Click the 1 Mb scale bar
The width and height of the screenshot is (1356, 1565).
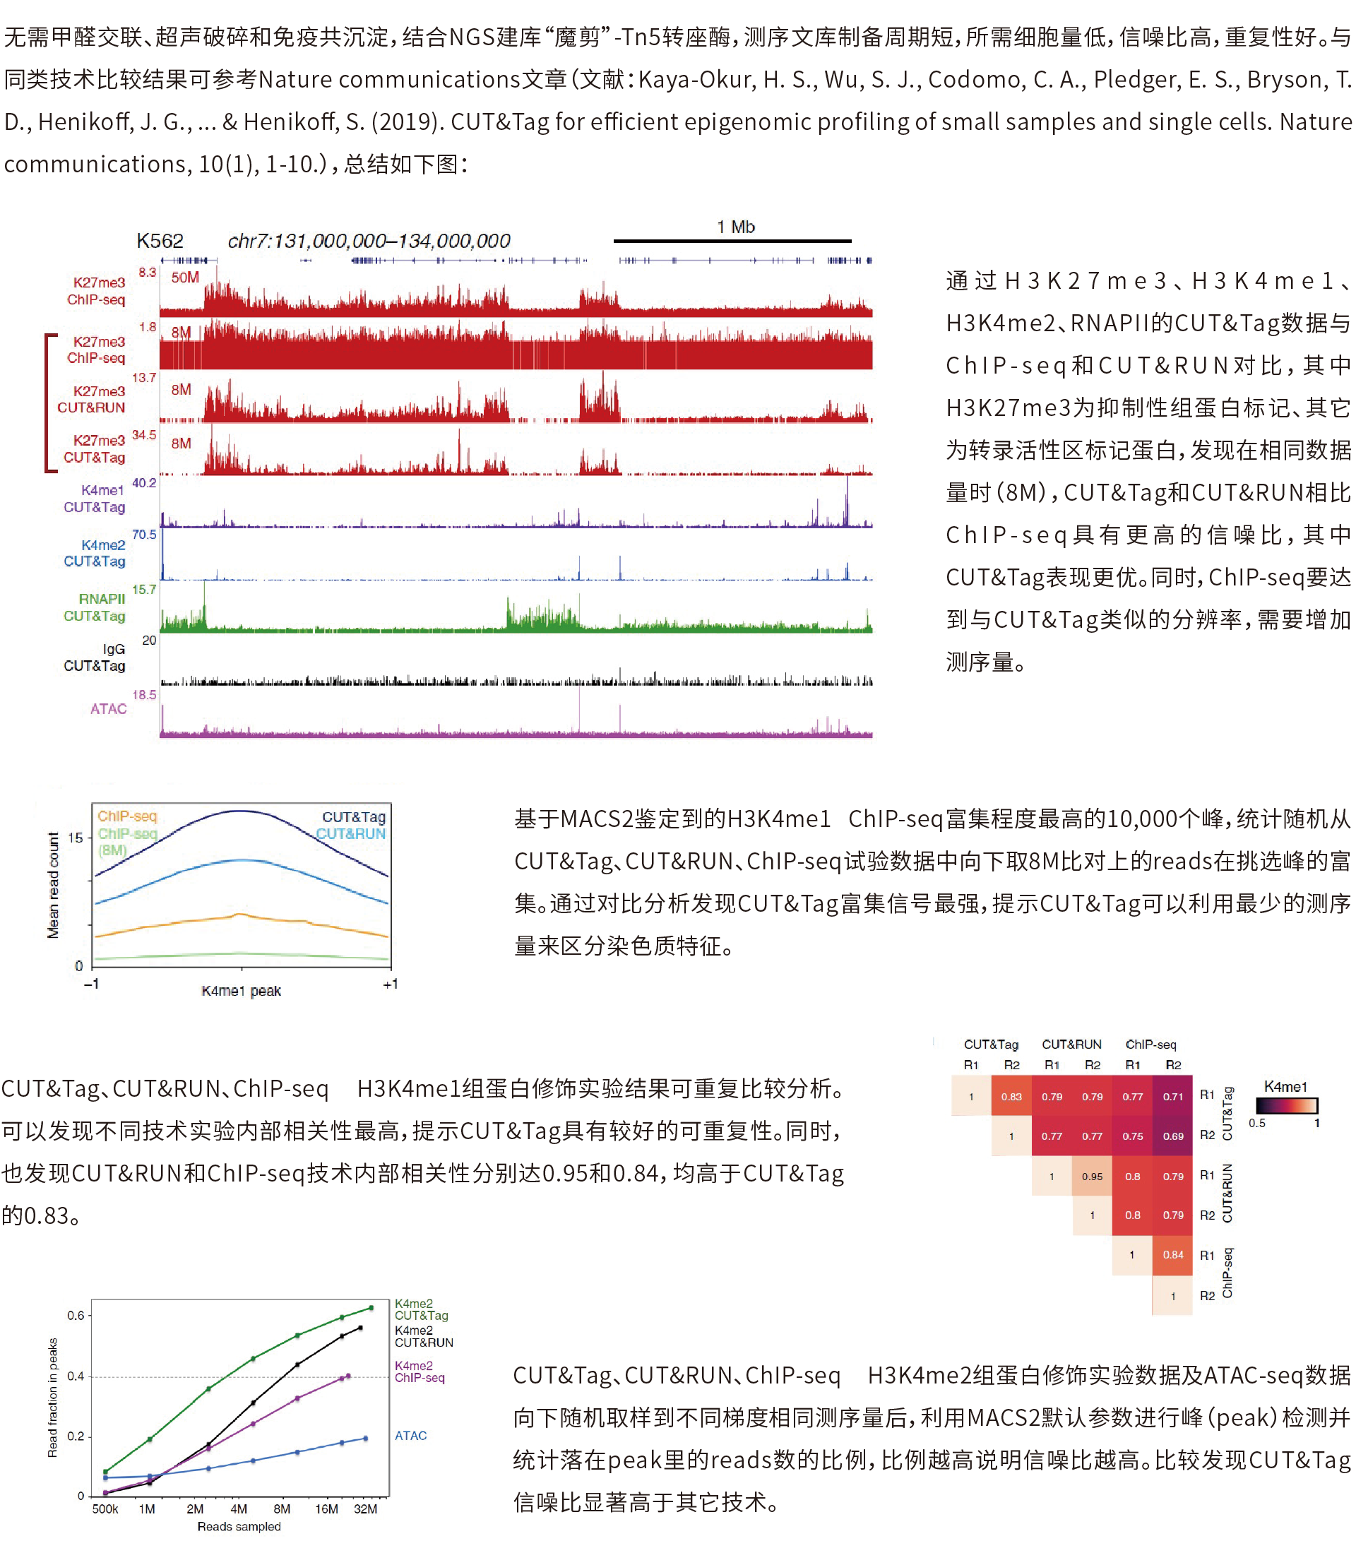pyautogui.click(x=732, y=241)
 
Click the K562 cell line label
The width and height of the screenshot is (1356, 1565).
pyautogui.click(x=160, y=241)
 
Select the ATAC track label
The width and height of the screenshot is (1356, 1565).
pyautogui.click(x=108, y=708)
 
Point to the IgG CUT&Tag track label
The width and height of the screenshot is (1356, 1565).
pyautogui.click(x=95, y=657)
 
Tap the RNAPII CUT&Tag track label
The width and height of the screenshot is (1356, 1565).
pyautogui.click(x=95, y=607)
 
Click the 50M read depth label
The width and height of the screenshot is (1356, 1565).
pyautogui.click(x=184, y=277)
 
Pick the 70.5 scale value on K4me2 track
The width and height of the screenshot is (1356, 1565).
pyautogui.click(x=144, y=535)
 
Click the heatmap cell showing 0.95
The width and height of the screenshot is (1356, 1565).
pyautogui.click(x=1092, y=1176)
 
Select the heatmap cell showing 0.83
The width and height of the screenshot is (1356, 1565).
pyautogui.click(x=1011, y=1096)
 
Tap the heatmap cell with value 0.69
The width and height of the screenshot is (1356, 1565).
pyautogui.click(x=1173, y=1136)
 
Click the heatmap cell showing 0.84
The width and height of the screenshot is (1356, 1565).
pyautogui.click(x=1173, y=1254)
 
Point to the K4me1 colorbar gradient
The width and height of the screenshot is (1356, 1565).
pyautogui.click(x=1285, y=1106)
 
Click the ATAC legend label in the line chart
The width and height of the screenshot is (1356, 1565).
pyautogui.click(x=411, y=1436)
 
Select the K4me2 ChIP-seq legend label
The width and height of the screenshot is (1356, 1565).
pyautogui.click(x=420, y=1371)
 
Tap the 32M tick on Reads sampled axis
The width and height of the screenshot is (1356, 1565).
pyautogui.click(x=366, y=1509)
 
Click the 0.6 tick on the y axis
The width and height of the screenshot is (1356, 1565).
pyautogui.click(x=76, y=1315)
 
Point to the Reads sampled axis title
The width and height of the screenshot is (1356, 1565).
pyautogui.click(x=239, y=1526)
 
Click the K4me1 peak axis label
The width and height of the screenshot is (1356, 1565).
pyautogui.click(x=241, y=991)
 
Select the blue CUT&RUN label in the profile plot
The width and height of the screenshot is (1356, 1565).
pyautogui.click(x=350, y=833)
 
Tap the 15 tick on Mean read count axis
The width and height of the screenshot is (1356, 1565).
pyautogui.click(x=76, y=838)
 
